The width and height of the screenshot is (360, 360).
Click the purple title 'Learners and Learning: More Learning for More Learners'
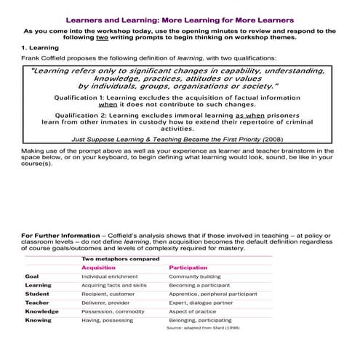pyautogui.click(x=180, y=20)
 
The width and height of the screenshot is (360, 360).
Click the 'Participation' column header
pyautogui.click(x=188, y=268)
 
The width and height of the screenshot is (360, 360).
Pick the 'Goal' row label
pyautogui.click(x=32, y=277)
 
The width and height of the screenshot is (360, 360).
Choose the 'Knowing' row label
pyautogui.click(x=38, y=320)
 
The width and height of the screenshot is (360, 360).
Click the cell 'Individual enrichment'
pyautogui.click(x=110, y=277)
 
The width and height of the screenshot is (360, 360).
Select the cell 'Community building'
pyautogui.click(x=196, y=277)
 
